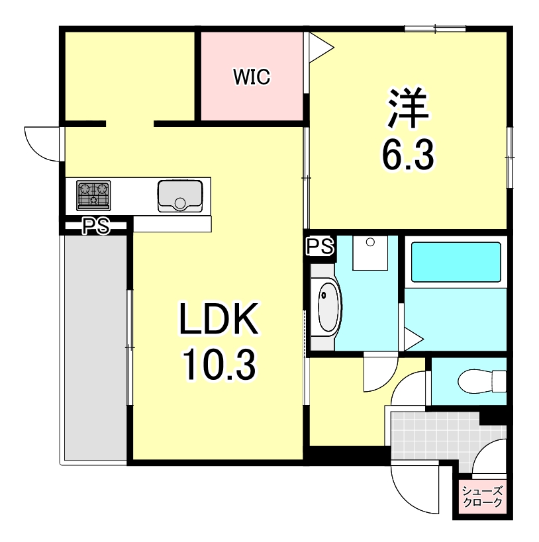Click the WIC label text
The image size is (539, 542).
[x=251, y=77]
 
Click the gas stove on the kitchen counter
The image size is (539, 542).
[x=93, y=195]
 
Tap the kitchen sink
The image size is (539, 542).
[x=179, y=195]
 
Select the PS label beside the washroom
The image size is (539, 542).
[x=320, y=246]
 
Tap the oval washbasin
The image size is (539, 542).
[x=328, y=308]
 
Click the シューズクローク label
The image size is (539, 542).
[x=482, y=496]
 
